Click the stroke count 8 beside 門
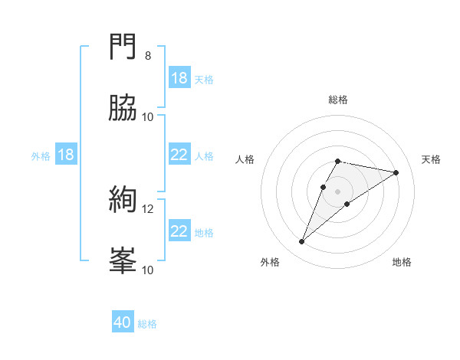147,56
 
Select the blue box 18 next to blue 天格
179,78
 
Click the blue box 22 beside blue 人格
179,155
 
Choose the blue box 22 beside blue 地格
179,231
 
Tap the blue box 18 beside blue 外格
65,155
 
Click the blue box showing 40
123,322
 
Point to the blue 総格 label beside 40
147,324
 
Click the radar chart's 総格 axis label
338,100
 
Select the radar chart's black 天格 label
431,159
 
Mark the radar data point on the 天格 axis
396,172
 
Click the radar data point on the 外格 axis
301,242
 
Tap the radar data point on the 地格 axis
347,204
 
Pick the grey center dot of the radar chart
338,191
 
